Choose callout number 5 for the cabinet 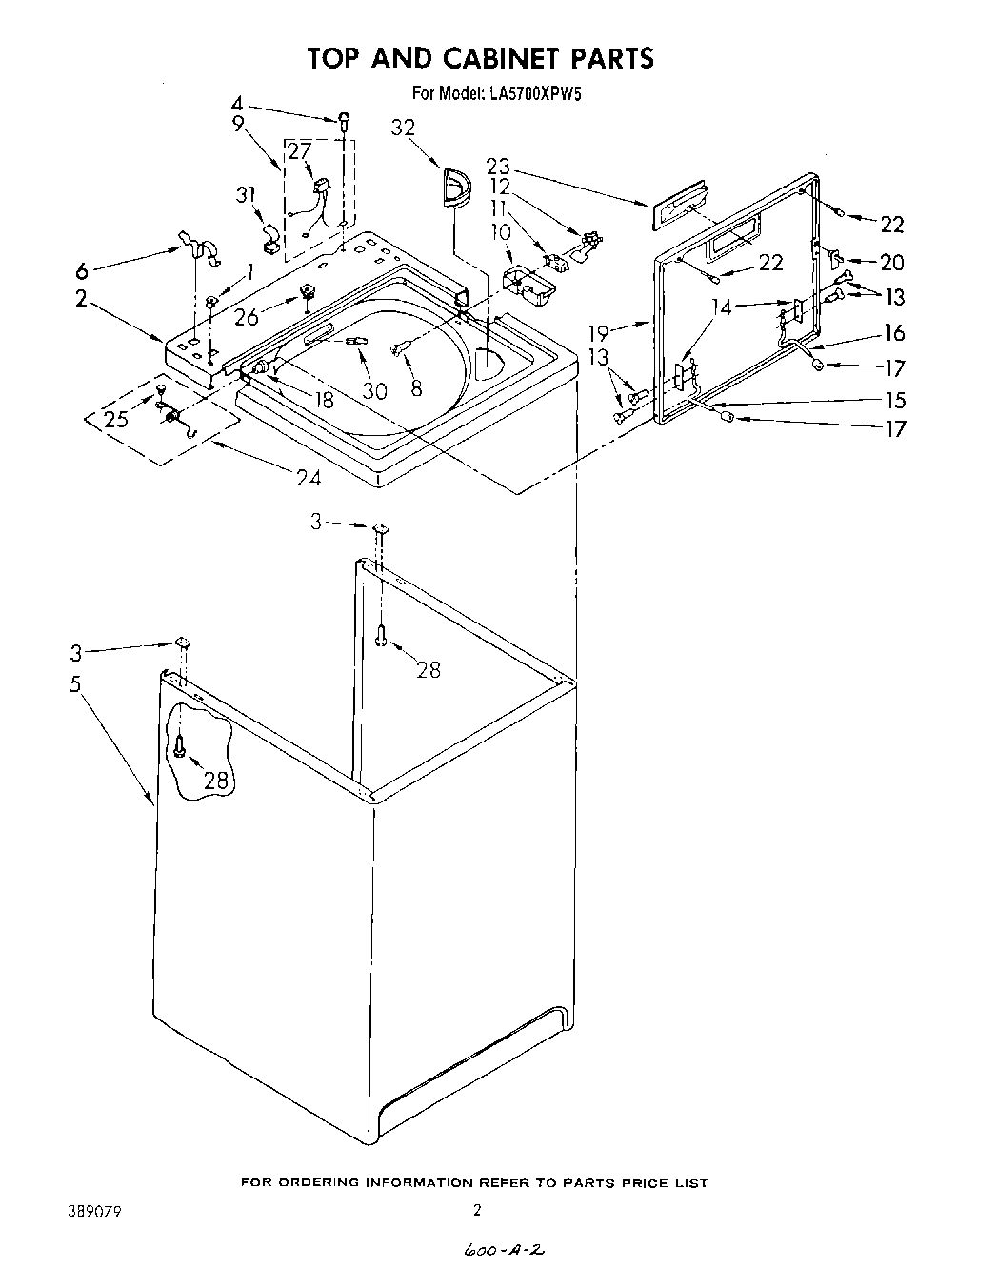coord(75,683)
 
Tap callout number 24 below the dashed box coord(309,478)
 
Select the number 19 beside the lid coord(597,333)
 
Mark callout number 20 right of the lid coord(892,262)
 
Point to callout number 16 coord(894,332)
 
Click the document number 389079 coord(92,1212)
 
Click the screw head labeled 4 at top coord(345,119)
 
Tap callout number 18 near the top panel coord(324,400)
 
